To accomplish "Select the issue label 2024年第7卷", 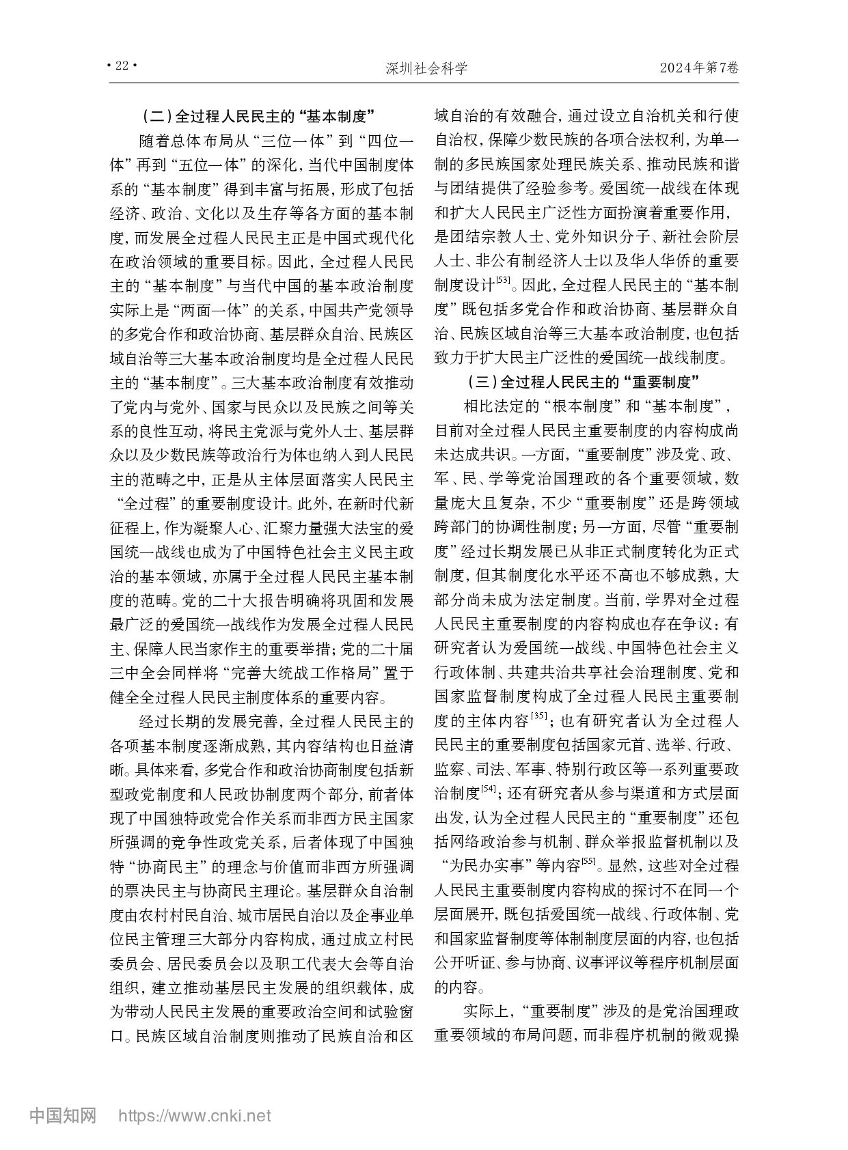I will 699,67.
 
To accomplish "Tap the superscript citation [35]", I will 538,715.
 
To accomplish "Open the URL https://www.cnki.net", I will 195,1117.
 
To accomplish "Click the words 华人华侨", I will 656,261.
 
